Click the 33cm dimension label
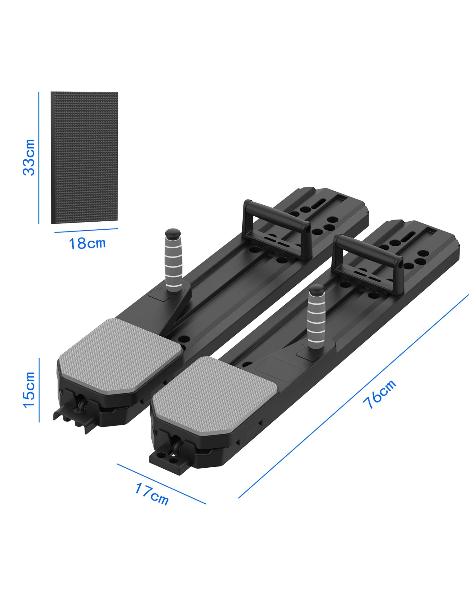[x=29, y=157]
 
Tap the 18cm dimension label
[x=87, y=243]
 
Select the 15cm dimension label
[x=29, y=390]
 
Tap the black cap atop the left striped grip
[x=173, y=233]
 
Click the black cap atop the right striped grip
[x=317, y=290]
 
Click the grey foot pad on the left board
[x=120, y=355]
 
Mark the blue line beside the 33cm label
[x=39, y=157]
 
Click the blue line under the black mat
[x=86, y=230]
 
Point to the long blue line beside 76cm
[x=353, y=397]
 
